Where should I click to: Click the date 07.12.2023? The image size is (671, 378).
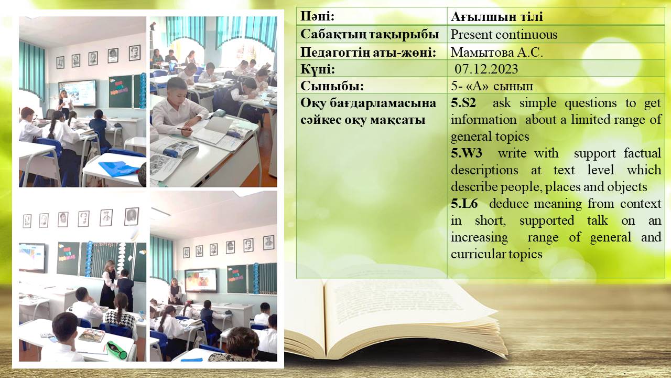tap(486, 69)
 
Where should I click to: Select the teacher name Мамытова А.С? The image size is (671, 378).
tap(497, 52)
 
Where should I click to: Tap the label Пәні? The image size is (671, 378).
tap(317, 16)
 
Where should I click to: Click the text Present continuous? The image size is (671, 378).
tap(504, 35)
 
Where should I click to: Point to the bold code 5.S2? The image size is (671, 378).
tap(463, 103)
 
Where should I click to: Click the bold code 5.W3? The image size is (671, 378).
tap(467, 153)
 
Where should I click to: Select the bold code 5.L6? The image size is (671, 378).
tap(464, 204)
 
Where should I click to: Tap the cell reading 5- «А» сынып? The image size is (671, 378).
tap(492, 87)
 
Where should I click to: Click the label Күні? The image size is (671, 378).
tap(318, 69)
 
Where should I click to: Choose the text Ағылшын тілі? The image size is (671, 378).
tap(496, 17)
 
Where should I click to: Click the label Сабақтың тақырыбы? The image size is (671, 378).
tap(370, 35)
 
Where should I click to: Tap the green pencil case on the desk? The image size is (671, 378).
tap(116, 350)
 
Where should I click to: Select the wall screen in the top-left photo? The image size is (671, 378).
tap(77, 93)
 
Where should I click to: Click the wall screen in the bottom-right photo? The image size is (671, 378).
tap(201, 280)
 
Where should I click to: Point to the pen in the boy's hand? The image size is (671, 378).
tap(184, 129)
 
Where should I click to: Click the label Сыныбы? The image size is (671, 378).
tap(332, 87)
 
